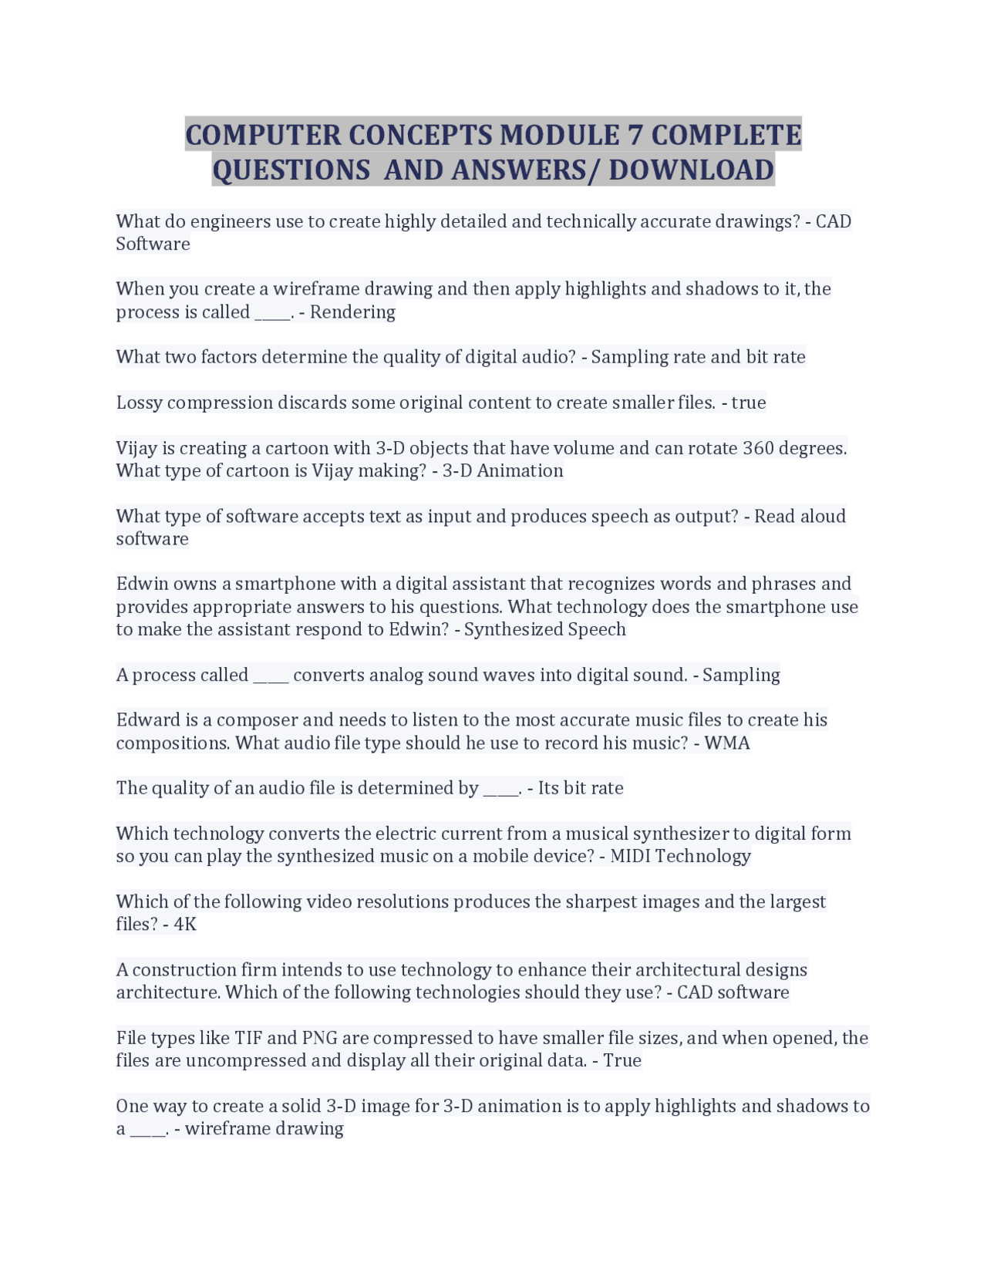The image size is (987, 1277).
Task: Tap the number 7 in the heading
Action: click(635, 136)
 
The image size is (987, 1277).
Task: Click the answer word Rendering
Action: click(352, 312)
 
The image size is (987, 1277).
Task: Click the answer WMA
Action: click(727, 743)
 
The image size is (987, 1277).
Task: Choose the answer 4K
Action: click(185, 925)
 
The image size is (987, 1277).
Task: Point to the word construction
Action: click(184, 970)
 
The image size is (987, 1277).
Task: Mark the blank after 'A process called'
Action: click(271, 676)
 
